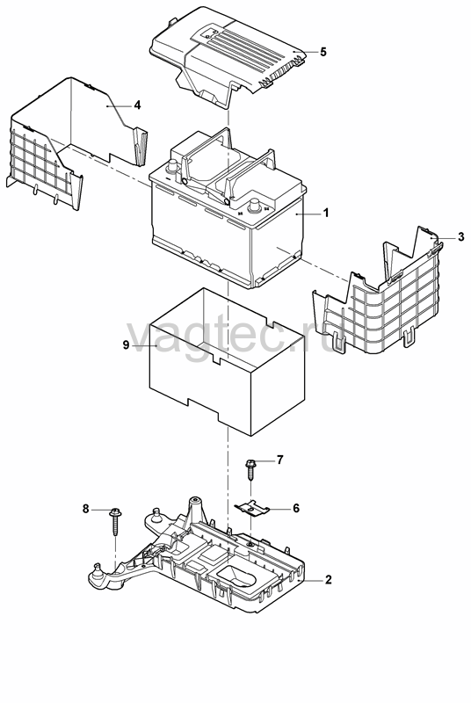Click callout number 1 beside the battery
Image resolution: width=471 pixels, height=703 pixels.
pos(326,213)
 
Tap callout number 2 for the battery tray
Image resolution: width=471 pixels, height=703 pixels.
pos(328,579)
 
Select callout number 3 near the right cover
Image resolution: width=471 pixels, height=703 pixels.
pos(461,236)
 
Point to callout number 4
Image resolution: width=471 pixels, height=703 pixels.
pos(137,105)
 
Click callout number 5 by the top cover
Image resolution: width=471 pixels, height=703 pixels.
pos(323,52)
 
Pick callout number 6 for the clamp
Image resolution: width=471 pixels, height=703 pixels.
pos(296,508)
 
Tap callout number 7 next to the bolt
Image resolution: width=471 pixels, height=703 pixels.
pos(279,460)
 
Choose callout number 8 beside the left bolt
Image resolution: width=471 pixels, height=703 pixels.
pos(85,509)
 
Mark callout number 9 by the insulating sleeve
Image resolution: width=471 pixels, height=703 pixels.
pos(126,344)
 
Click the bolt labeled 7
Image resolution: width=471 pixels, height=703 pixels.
pos(250,468)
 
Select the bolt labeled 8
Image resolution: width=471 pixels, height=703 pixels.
pos(115,521)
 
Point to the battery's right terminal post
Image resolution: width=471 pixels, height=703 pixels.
pos(255,206)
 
